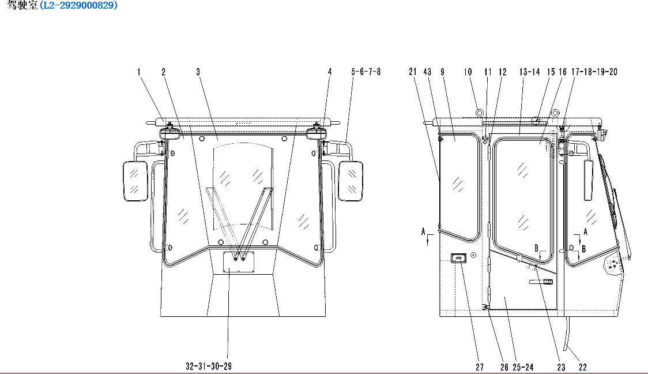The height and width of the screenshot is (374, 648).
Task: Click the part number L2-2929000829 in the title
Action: [78, 5]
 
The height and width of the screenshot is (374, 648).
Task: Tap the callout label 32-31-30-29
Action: [209, 366]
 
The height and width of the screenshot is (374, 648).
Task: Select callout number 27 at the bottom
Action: [480, 367]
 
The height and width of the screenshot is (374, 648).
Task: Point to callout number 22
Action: [583, 367]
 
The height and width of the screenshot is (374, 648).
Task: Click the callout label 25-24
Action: [523, 367]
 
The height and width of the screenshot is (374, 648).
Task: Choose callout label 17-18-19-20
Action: [594, 72]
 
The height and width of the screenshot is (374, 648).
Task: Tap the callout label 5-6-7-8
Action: [366, 72]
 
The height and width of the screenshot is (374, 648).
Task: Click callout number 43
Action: [427, 72]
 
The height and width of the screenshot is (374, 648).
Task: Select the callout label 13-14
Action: [530, 72]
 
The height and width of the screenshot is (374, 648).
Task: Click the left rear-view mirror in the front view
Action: [135, 181]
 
